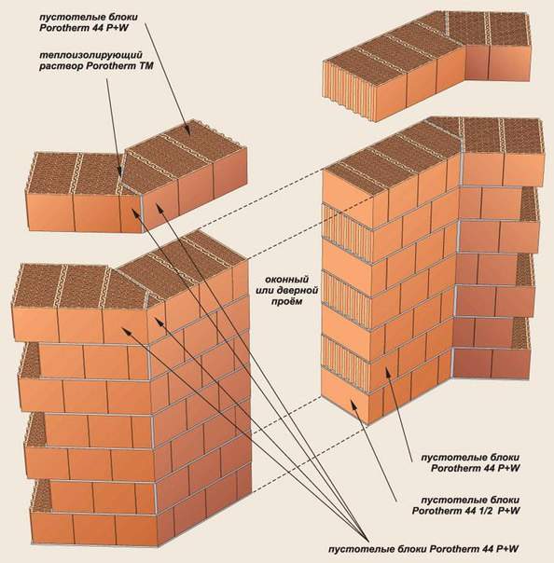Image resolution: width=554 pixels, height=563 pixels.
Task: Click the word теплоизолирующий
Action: click(90, 56)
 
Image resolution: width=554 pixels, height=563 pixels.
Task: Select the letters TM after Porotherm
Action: click(146, 66)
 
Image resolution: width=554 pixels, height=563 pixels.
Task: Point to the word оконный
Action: click(286, 279)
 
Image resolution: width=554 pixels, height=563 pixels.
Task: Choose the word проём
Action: click(288, 301)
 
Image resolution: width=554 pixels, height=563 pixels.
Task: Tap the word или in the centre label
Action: click(265, 290)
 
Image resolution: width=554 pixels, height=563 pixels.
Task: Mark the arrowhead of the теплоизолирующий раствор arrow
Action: click(119, 173)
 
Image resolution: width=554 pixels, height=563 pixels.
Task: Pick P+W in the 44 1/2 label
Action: click(509, 511)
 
